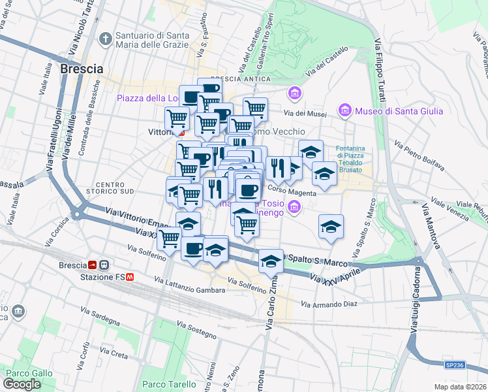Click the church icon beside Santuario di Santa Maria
click(105, 39)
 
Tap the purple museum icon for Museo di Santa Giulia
click(345, 111)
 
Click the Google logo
click(22, 384)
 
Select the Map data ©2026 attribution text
click(460, 387)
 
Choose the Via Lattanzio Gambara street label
click(189, 285)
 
